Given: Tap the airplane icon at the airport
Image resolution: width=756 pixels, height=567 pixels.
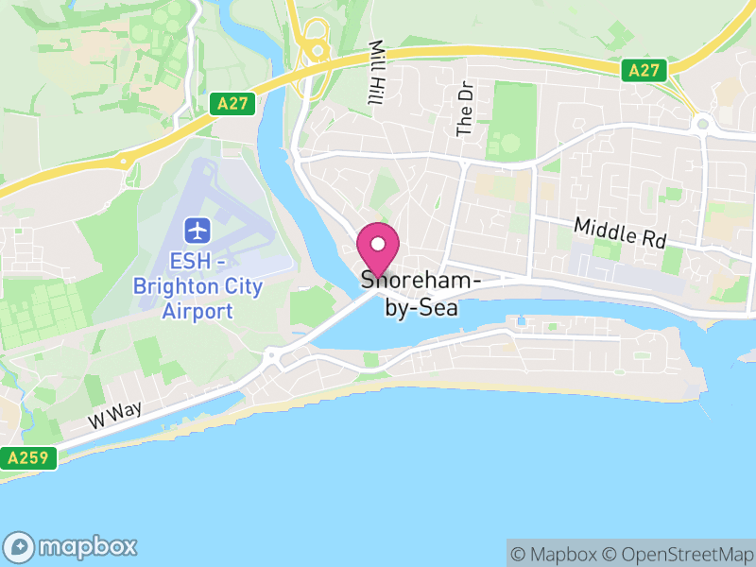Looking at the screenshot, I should tap(198, 229).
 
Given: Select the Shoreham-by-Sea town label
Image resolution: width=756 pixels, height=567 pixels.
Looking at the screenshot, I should tap(421, 292).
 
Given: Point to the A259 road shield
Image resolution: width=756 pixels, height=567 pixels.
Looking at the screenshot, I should tap(28, 458).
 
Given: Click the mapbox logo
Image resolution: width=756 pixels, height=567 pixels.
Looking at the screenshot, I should tap(71, 546).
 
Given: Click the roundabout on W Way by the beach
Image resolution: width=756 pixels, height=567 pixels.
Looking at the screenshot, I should tap(274, 356).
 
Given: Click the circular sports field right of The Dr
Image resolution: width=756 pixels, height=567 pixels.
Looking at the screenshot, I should tap(509, 145).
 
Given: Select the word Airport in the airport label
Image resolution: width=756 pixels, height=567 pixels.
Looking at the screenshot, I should tap(198, 311).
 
